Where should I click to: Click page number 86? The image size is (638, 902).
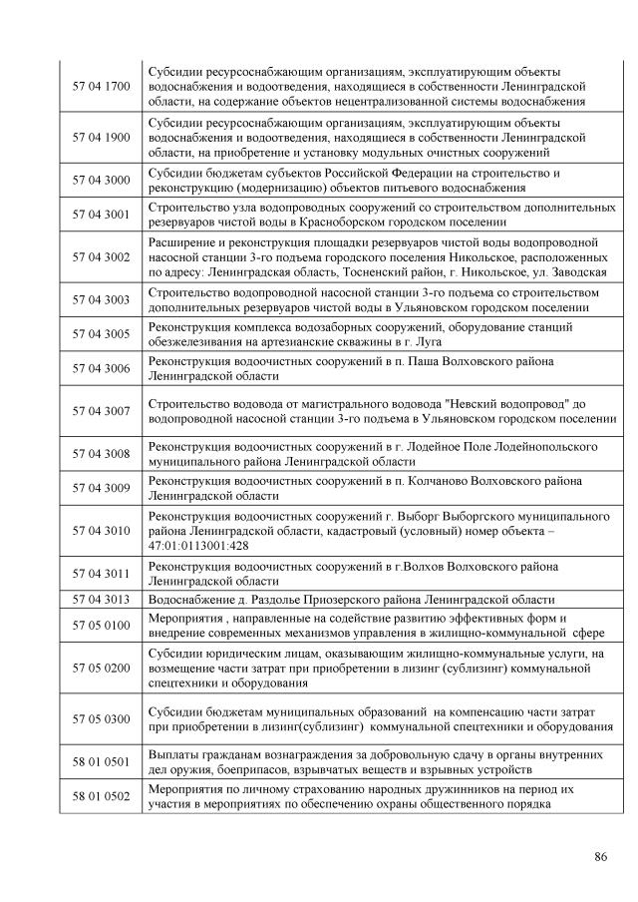pyautogui.click(x=600, y=857)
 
